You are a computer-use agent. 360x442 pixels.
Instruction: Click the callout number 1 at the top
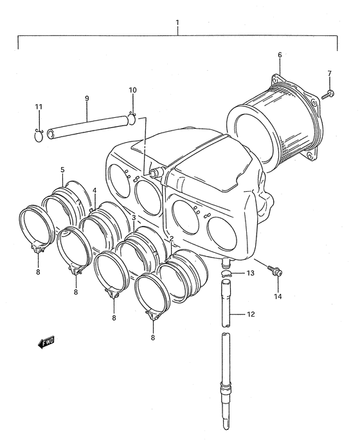[177, 23]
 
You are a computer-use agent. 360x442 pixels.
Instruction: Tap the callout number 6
[280, 55]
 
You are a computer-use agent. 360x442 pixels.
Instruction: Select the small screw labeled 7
[328, 95]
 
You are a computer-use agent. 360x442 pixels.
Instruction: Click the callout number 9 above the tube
[87, 98]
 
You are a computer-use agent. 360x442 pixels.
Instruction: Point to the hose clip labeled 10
[132, 118]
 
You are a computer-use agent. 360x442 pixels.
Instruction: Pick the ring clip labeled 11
[39, 135]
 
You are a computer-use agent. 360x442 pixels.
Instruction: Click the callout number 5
[62, 170]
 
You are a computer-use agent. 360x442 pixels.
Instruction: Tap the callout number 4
[94, 190]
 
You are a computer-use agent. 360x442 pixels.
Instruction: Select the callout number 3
[134, 217]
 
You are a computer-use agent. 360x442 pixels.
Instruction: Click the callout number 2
[172, 239]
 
